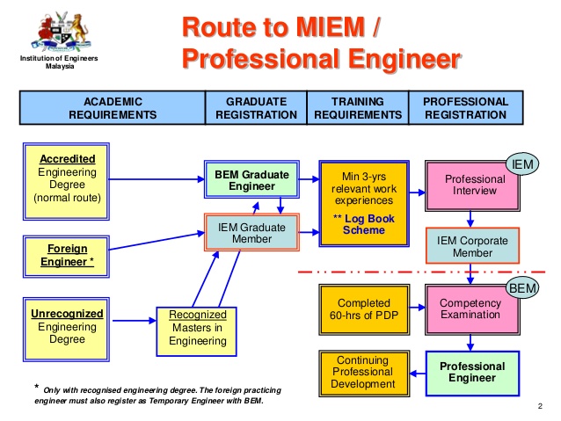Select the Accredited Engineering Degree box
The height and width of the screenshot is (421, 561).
68,178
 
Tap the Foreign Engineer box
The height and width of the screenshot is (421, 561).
68,255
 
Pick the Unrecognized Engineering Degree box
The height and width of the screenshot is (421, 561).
68,327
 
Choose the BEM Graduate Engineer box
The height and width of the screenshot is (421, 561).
251,180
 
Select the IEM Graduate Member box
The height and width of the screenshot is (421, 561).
251,233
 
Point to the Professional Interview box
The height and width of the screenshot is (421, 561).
473,185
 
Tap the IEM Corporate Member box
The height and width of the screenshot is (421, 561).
473,245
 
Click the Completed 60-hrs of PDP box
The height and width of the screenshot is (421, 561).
363,308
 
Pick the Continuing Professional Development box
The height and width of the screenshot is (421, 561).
363,372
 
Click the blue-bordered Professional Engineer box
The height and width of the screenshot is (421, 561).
472,373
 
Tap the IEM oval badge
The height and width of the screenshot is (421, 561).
522,164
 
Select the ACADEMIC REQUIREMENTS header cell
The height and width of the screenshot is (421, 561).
113,108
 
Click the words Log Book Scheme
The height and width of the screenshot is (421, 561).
364,224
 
